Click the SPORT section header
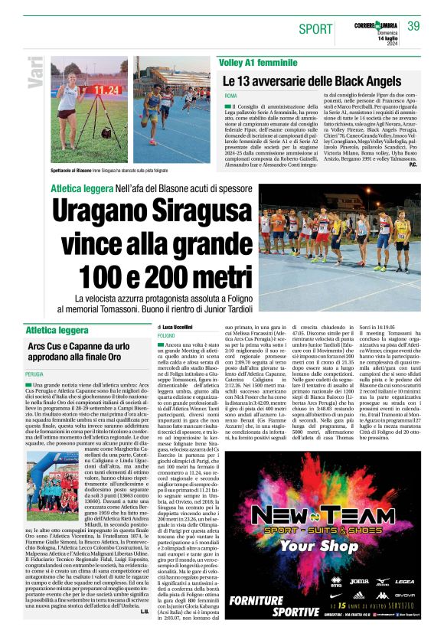coord(316,29)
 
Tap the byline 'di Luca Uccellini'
coord(175,326)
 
